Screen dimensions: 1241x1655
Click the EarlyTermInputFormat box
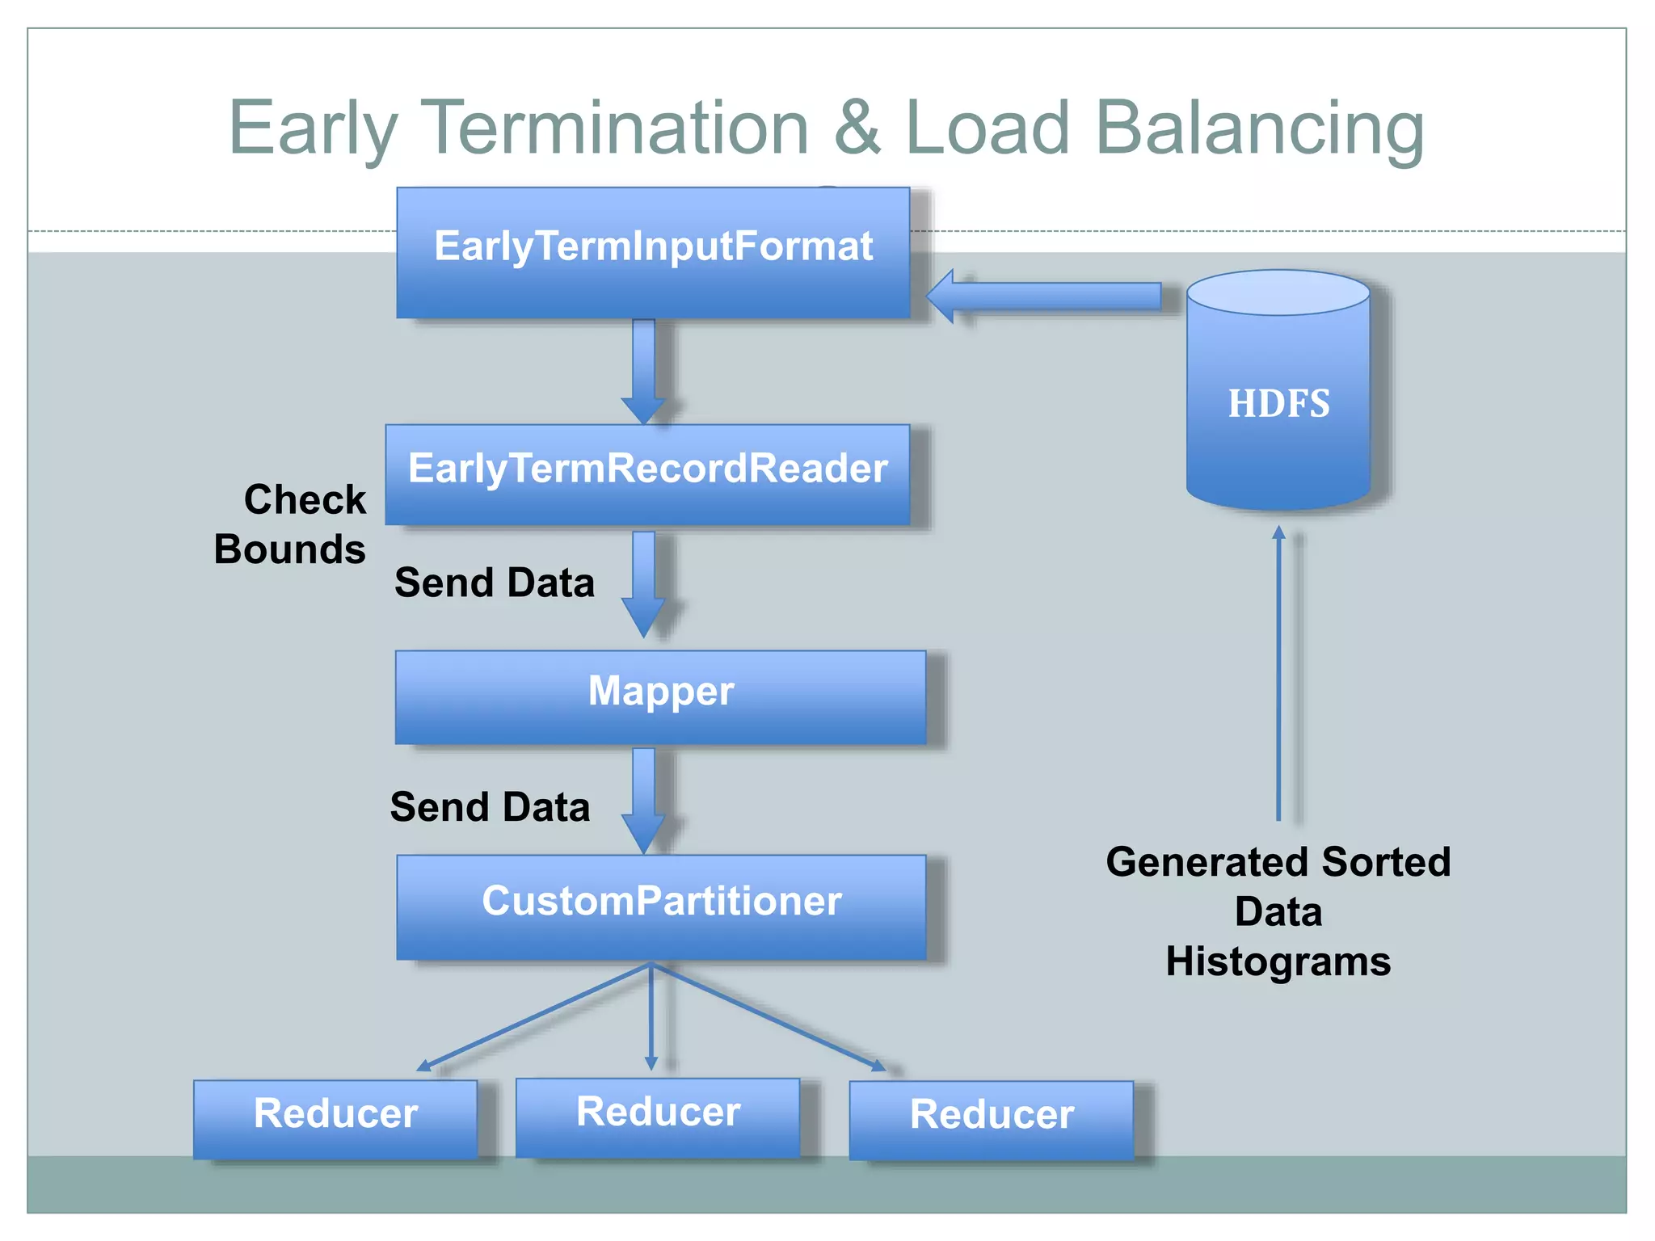coord(653,252)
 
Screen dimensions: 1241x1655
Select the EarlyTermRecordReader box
coord(647,474)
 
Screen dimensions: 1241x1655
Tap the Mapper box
coord(660,696)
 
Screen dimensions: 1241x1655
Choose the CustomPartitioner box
coord(661,907)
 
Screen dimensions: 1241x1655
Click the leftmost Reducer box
coord(335,1118)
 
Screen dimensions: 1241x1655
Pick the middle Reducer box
coord(658,1117)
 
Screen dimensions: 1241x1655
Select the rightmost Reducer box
coord(992,1120)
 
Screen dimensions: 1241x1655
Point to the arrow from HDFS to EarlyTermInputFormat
coord(1042,297)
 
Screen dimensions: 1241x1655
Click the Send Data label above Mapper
coord(494,583)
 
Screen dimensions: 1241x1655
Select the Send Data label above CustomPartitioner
coord(490,807)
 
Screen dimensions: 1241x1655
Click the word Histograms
coord(1278,961)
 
